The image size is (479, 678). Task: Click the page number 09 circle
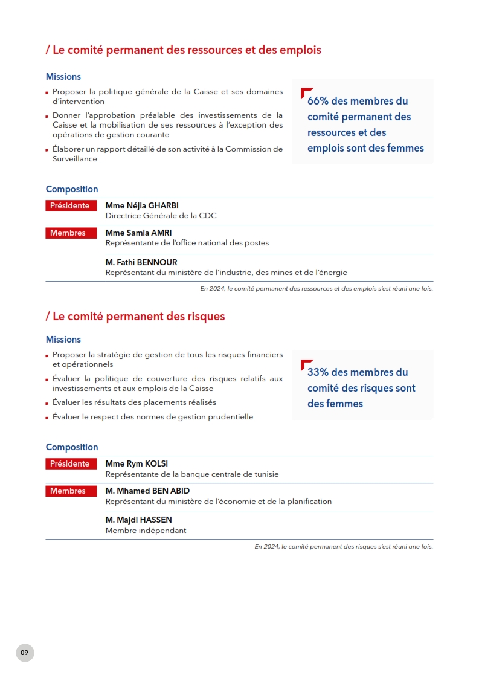[x=25, y=653]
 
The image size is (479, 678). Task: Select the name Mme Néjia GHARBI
[x=142, y=205]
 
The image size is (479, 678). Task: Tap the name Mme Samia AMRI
[x=138, y=233]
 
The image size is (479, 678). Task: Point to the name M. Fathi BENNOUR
[x=141, y=262]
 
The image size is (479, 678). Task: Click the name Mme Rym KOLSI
[x=137, y=464]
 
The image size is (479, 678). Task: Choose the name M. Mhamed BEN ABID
[x=147, y=491]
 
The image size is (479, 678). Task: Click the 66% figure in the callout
[x=318, y=101]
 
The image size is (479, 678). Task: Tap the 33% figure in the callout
[x=318, y=372]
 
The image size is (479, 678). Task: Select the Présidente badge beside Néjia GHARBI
[x=71, y=206]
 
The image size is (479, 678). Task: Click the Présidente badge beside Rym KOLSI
[x=71, y=464]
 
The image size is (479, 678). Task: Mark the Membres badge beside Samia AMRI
[x=71, y=233]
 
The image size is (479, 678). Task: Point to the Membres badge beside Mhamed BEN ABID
[x=71, y=491]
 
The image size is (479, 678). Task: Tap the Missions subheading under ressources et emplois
[x=63, y=77]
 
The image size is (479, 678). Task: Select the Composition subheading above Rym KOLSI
[x=72, y=447]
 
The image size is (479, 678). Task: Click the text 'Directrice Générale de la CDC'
[x=161, y=216]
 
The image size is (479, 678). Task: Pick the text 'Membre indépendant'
[x=146, y=531]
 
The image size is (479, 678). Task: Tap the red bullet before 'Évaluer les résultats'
[x=47, y=403]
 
